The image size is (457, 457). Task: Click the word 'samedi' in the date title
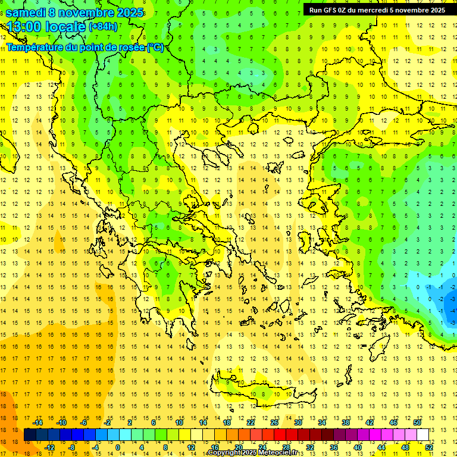tap(27, 12)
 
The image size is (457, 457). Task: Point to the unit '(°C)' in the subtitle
tap(155, 47)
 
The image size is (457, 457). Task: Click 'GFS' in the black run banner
tap(330, 10)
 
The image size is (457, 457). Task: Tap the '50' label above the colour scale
tap(417, 422)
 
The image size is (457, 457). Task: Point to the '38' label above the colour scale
tap(345, 422)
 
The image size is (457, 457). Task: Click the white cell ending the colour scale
tap(422, 434)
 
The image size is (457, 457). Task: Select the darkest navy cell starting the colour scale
tap(30, 434)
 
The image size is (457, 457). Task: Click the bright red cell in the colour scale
tap(280, 434)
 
